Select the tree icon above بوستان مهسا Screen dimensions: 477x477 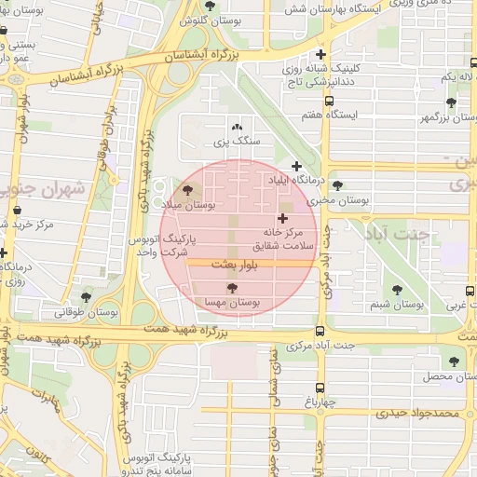tap(232, 288)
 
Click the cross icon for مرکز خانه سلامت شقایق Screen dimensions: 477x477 tap(283, 218)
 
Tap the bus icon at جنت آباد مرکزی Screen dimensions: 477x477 tap(320, 332)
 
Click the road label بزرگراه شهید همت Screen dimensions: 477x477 tap(186, 331)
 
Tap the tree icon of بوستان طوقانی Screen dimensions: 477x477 tap(87, 297)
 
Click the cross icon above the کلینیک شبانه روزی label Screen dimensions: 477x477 tap(321, 54)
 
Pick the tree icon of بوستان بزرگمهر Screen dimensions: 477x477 tap(452, 102)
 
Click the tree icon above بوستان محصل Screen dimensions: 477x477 tap(454, 361)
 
